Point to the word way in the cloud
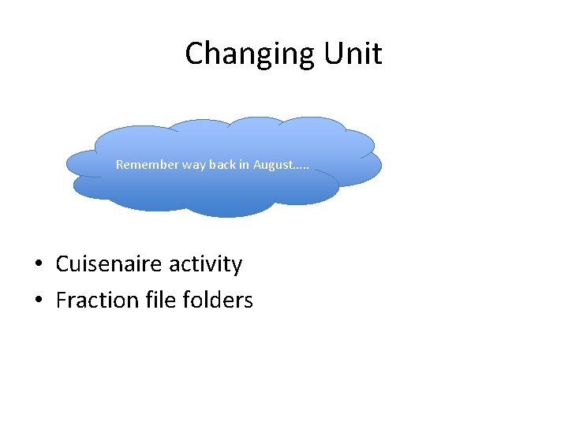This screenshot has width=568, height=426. click(x=194, y=165)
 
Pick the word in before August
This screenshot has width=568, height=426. click(x=244, y=165)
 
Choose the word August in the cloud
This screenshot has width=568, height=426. click(x=271, y=165)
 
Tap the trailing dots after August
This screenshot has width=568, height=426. click(x=301, y=167)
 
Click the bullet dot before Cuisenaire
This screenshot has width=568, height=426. click(x=38, y=264)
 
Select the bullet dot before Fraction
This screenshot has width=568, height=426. click(x=38, y=301)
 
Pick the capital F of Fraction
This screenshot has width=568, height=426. click(x=62, y=300)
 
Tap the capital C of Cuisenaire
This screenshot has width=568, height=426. click(x=63, y=263)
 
